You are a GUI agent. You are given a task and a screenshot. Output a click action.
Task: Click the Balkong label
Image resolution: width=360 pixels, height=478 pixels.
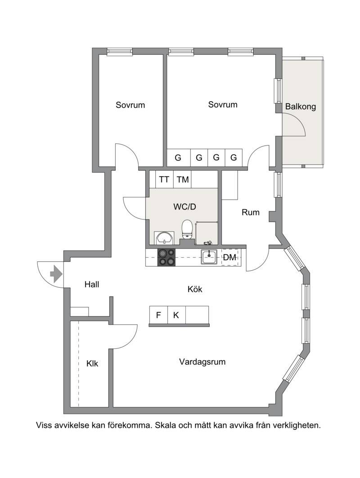301,107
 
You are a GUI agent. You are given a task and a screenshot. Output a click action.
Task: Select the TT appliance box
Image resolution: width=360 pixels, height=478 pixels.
164,179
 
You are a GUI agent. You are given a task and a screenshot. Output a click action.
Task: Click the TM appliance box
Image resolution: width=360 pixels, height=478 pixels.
182,179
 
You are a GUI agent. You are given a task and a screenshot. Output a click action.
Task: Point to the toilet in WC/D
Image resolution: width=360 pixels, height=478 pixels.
187,229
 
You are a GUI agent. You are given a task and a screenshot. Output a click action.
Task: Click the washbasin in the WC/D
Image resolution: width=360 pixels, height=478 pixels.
164,238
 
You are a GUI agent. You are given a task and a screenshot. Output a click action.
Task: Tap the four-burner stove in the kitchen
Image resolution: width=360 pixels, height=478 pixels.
166,257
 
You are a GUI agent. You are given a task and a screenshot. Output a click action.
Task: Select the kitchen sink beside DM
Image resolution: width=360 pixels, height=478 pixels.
209,257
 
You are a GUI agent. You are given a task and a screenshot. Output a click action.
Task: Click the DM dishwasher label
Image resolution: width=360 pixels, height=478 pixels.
229,258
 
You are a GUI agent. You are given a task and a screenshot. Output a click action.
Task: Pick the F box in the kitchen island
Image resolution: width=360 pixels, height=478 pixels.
158,315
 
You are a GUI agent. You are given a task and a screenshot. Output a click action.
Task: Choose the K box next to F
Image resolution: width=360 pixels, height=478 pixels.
176,315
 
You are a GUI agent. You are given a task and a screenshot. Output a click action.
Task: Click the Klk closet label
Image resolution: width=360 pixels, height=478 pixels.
92,364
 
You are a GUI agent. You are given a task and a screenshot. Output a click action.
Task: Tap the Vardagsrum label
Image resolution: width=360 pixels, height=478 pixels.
202,362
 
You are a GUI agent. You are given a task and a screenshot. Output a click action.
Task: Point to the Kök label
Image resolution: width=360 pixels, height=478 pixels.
195,289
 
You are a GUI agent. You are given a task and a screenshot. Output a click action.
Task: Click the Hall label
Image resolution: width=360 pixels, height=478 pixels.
92,285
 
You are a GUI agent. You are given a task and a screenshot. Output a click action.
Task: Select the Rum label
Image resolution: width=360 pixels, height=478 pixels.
251,213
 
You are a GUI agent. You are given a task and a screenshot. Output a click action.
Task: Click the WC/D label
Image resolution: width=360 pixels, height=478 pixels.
184,207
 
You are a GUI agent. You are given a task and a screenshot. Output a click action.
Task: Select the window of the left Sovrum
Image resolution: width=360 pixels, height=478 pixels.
120,52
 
